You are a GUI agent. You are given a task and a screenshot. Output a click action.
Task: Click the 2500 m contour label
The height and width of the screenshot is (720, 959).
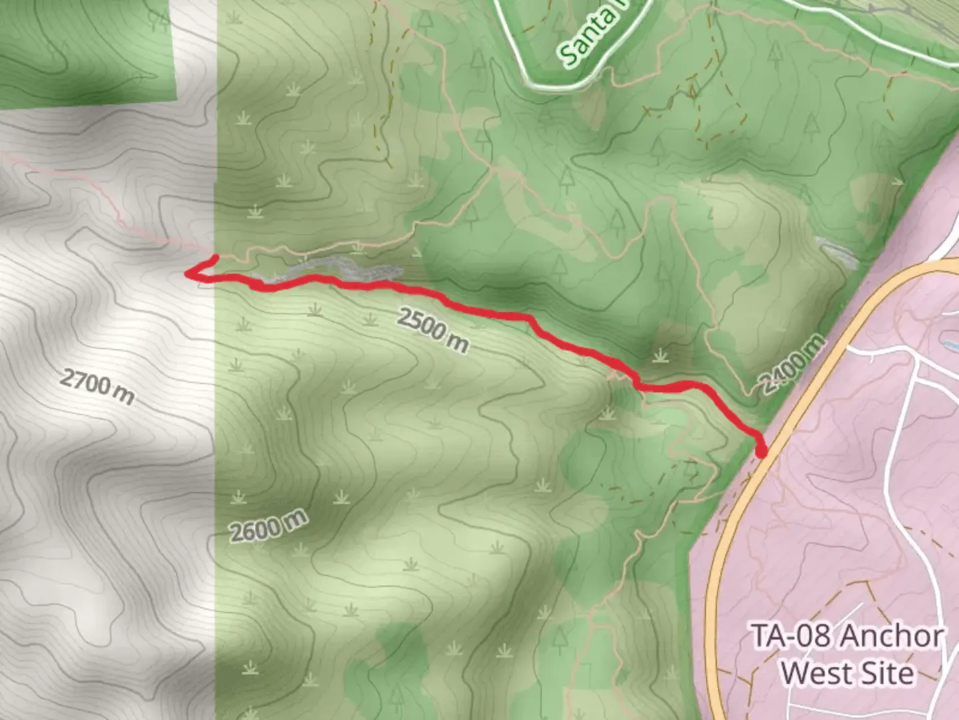(x=433, y=329)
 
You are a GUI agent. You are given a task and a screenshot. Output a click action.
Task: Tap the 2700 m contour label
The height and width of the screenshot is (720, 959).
(x=97, y=386)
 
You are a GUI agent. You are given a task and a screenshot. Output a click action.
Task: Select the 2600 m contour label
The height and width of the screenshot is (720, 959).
(x=269, y=526)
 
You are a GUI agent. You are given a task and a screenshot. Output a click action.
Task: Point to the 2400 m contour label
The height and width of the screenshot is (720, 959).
(x=793, y=365)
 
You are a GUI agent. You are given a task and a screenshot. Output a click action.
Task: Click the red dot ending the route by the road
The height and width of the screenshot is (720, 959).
(x=761, y=453)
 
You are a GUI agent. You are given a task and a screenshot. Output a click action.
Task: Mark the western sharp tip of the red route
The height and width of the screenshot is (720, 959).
(x=186, y=273)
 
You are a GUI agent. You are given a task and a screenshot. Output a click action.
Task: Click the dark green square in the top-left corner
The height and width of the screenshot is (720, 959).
(x=87, y=50)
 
